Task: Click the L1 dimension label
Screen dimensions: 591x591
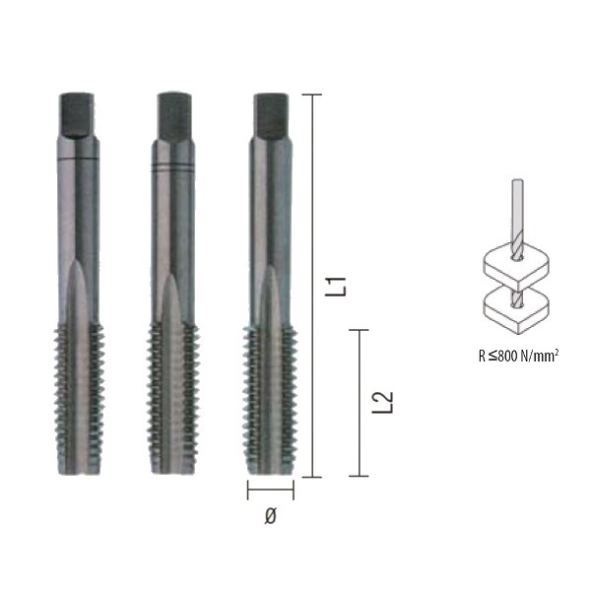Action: point(335,287)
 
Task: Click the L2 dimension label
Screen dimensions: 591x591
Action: point(382,403)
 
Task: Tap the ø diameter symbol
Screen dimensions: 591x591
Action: point(270,515)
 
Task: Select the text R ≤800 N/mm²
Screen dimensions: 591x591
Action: point(518,356)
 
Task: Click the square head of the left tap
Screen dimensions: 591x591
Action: point(77,114)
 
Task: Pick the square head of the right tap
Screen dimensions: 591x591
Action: point(271,115)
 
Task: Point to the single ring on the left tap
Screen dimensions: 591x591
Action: point(79,159)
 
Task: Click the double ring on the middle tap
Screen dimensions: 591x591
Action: point(173,167)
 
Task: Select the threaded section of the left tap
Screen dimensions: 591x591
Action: point(79,399)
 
